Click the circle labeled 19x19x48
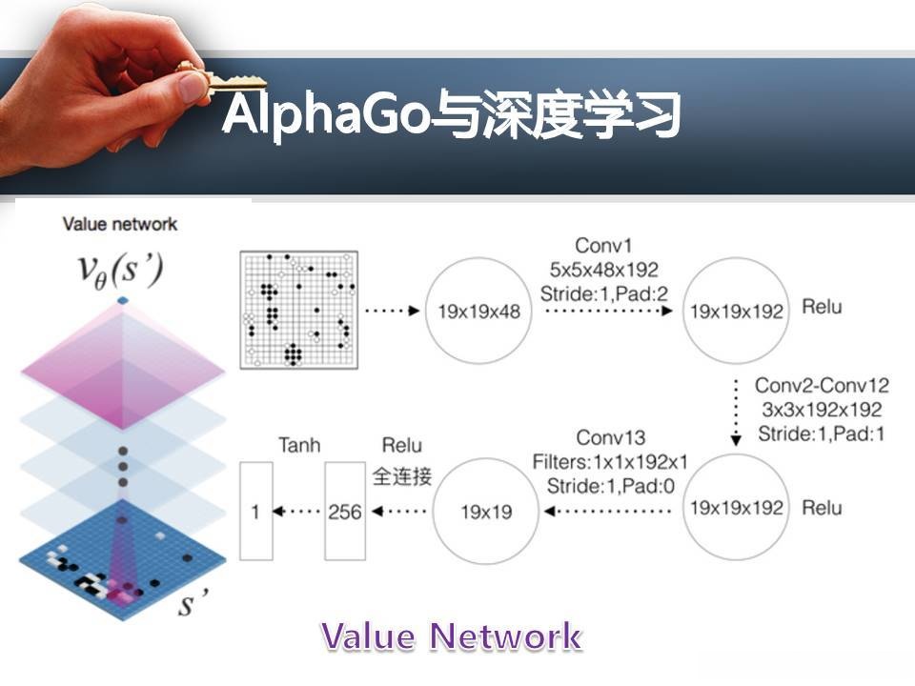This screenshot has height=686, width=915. tap(478, 311)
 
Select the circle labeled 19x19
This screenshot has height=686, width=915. tap(489, 512)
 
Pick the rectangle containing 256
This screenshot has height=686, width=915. tap(344, 512)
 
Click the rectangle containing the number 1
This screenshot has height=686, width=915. tap(255, 512)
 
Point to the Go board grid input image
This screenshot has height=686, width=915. tap(299, 310)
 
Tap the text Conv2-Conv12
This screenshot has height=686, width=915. tap(822, 386)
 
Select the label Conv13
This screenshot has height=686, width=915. tap(611, 438)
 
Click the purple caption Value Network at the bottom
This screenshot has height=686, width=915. tap(451, 636)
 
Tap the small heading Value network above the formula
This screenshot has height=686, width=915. tap(120, 224)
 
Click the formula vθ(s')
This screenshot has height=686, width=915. tap(121, 271)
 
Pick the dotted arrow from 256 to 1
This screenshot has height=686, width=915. tap(299, 512)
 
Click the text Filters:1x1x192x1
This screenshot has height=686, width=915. tap(611, 462)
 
